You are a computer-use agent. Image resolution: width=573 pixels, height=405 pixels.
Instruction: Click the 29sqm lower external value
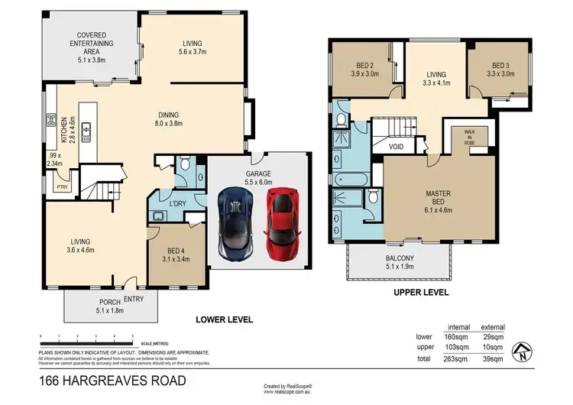(x=494, y=336)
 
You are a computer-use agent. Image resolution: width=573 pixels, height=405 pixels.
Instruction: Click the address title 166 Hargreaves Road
(x=112, y=380)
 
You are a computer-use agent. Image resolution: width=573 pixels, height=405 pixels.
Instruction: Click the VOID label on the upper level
(x=396, y=146)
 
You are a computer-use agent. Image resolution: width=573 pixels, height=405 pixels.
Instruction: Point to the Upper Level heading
(x=420, y=292)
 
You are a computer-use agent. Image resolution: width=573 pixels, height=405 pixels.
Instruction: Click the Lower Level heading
(x=224, y=319)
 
